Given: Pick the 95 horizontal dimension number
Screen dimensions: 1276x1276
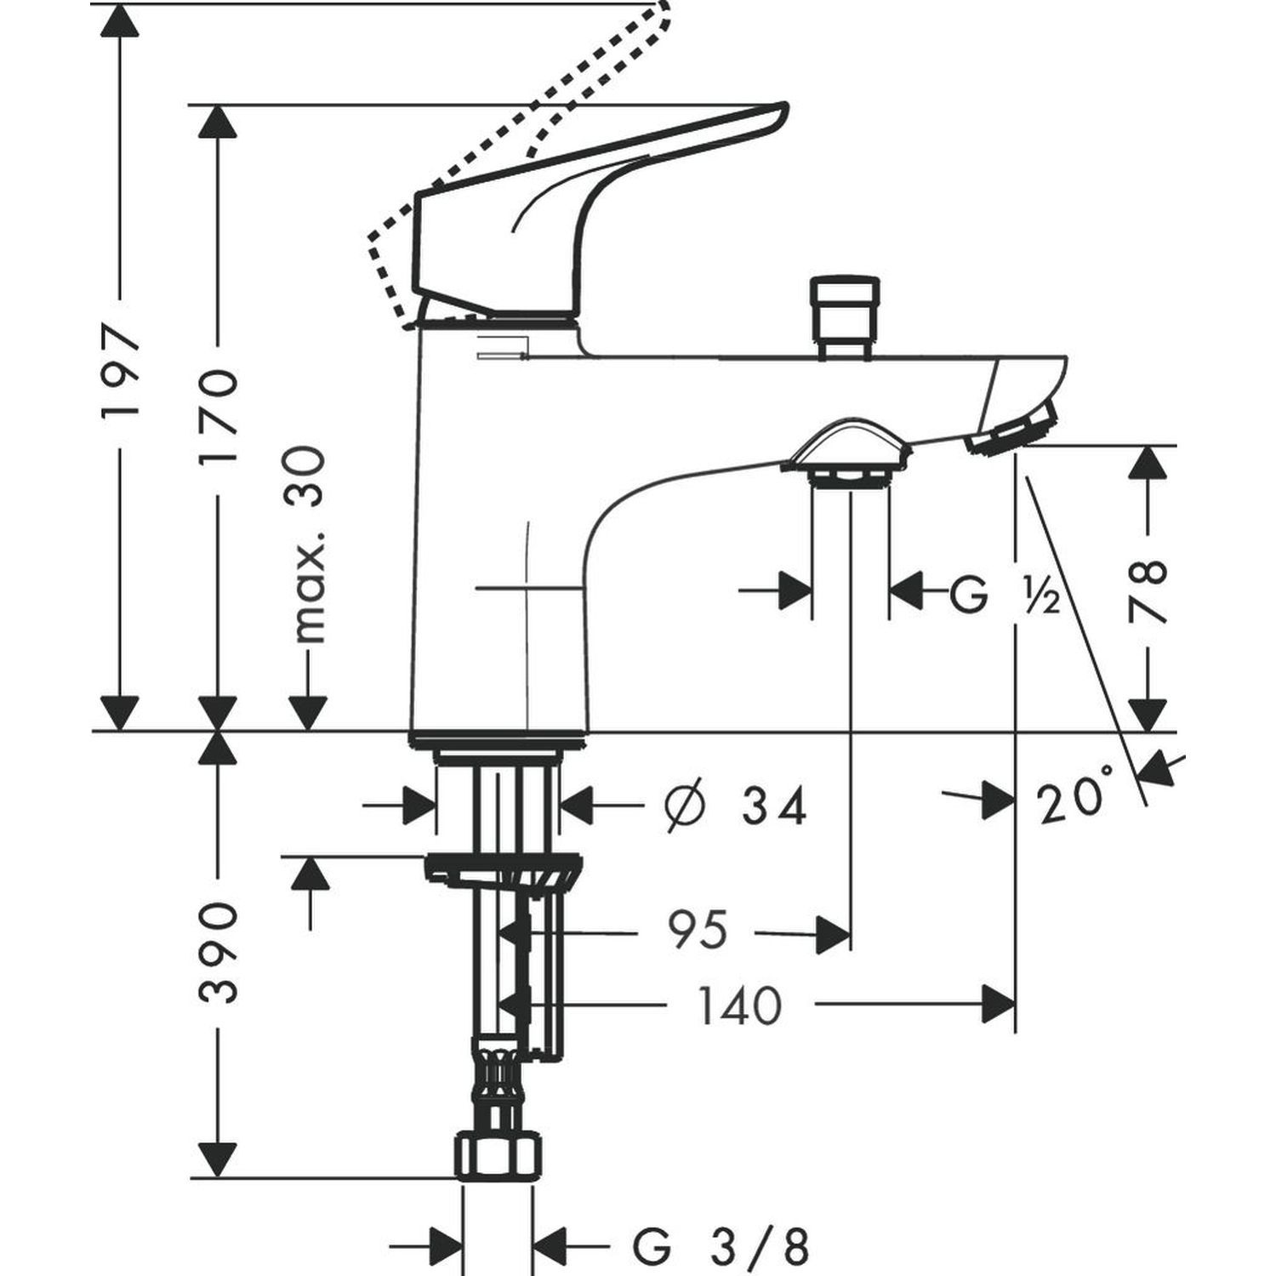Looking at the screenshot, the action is tap(698, 929).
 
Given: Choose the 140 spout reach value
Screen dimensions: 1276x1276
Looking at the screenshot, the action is tap(738, 1005).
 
